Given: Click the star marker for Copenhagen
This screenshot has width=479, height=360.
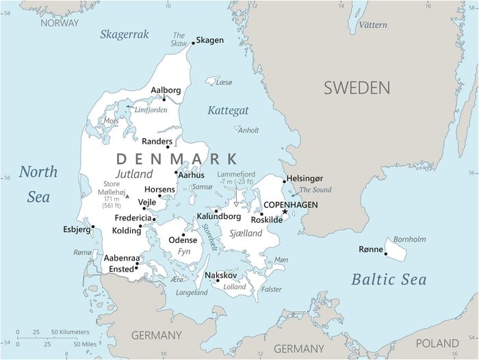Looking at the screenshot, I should tap(285, 211).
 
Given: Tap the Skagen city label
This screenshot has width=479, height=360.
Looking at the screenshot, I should tap(209, 40).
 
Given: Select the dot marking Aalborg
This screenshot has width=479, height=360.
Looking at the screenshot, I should tap(164, 99).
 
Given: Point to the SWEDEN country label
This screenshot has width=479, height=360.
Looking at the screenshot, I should tap(357, 88).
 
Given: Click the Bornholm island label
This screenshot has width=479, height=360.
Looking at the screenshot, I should tap(409, 239).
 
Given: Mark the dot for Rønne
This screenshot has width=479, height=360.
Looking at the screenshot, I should tap(386, 254).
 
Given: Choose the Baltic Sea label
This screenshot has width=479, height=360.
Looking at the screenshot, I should tap(389, 279).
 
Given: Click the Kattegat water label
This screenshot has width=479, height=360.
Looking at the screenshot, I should tap(228, 110).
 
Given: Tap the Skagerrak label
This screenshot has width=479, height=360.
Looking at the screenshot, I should tap(125, 34).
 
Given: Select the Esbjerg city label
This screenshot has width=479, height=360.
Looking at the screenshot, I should tap(76, 229).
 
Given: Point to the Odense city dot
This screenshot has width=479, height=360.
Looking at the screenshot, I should tap(183, 234).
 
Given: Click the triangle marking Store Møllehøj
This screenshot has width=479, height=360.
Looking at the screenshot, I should tap(127, 196).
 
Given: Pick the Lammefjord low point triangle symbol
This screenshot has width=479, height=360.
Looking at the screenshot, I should tap(236, 203).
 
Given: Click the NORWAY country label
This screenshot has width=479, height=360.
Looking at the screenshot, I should tap(60, 23).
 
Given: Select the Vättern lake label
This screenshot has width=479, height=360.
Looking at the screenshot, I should tap(372, 25).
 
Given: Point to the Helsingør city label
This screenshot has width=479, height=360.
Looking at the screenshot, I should tap(305, 179).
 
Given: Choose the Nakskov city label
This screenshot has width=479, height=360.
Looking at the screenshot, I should tap(221, 274).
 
